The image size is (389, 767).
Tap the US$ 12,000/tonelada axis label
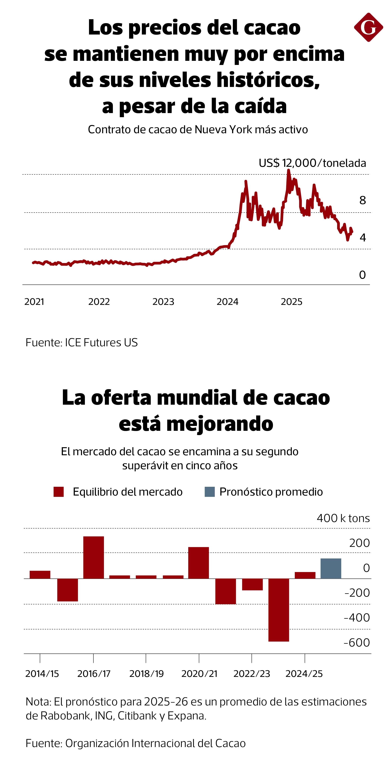(x=312, y=163)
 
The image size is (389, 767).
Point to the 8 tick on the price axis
(x=362, y=200)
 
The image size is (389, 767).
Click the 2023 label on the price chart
(x=163, y=302)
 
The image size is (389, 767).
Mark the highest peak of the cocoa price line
(x=288, y=170)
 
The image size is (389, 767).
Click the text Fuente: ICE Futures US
(x=82, y=342)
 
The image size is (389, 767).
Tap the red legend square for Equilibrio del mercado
(x=59, y=492)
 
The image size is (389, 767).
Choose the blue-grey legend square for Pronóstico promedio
(x=210, y=492)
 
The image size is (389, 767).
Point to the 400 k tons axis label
(x=343, y=518)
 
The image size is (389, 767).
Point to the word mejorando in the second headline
(x=220, y=424)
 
